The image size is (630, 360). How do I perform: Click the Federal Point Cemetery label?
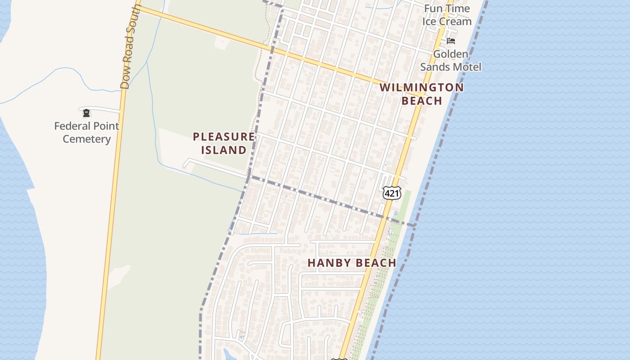[x=86, y=132]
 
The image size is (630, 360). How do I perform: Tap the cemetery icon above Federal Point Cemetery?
[x=86, y=113]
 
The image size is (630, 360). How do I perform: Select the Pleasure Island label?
[x=224, y=143]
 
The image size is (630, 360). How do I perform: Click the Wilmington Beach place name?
[x=422, y=94]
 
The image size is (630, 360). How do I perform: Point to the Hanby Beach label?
[x=352, y=263]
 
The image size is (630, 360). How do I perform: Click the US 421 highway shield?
[x=392, y=193]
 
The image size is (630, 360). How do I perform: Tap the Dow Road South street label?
[x=131, y=47]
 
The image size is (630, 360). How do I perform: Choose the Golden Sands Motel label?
[x=450, y=60]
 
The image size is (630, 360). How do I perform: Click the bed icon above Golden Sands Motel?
[x=451, y=41]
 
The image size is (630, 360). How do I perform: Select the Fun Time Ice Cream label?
[x=447, y=15]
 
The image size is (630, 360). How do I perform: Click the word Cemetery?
[x=86, y=139]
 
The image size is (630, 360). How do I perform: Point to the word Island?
[x=224, y=150]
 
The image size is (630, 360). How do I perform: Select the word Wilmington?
[x=422, y=87]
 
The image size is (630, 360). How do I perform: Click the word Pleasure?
[x=224, y=136]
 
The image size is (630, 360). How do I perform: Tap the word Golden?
[x=450, y=54]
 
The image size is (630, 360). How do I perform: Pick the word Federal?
[x=72, y=126]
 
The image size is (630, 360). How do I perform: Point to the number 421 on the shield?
[x=392, y=193]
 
